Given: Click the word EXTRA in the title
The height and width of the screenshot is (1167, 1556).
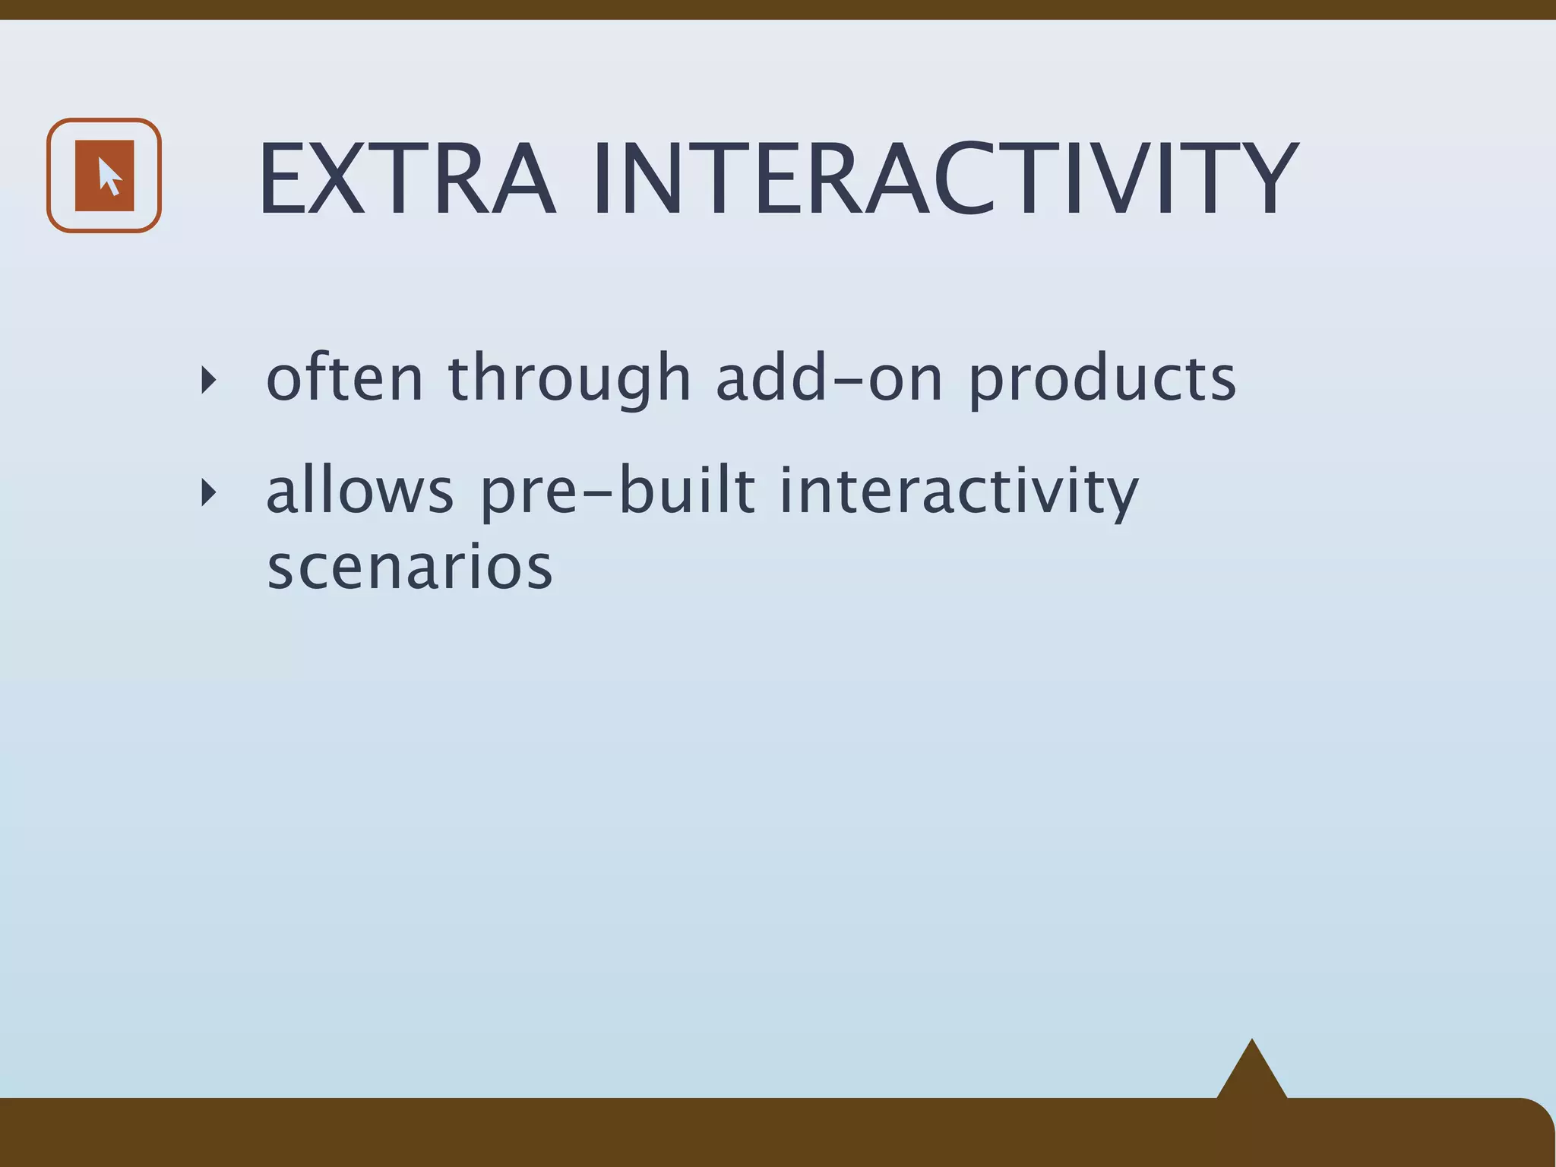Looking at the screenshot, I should [x=407, y=181].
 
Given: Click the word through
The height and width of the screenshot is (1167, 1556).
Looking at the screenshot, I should [x=570, y=380].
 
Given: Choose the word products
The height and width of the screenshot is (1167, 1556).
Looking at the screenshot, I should [x=1102, y=380].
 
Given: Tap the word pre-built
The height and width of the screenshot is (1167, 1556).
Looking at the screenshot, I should [x=618, y=492].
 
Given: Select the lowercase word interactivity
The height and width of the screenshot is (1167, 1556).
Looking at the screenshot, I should [x=959, y=492].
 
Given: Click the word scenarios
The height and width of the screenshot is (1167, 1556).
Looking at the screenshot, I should [x=410, y=568].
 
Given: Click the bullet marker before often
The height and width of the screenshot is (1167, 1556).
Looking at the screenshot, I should [x=208, y=379].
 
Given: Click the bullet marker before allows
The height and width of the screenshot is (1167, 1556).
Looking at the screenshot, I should [x=208, y=493].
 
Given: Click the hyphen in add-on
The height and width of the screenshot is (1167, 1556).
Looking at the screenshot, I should [x=847, y=380].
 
